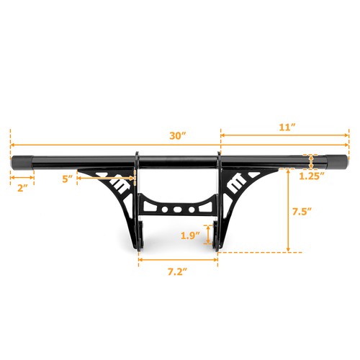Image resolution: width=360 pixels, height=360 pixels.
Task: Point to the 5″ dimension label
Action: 68,179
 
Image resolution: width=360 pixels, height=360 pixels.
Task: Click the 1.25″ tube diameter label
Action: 311,175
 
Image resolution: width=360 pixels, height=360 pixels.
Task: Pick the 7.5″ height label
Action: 302,212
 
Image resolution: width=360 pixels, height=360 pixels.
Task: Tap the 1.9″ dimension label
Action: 189,234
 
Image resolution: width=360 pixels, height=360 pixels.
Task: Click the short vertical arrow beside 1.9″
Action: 210,235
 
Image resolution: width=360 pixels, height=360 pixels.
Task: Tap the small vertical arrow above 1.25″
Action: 311,161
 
